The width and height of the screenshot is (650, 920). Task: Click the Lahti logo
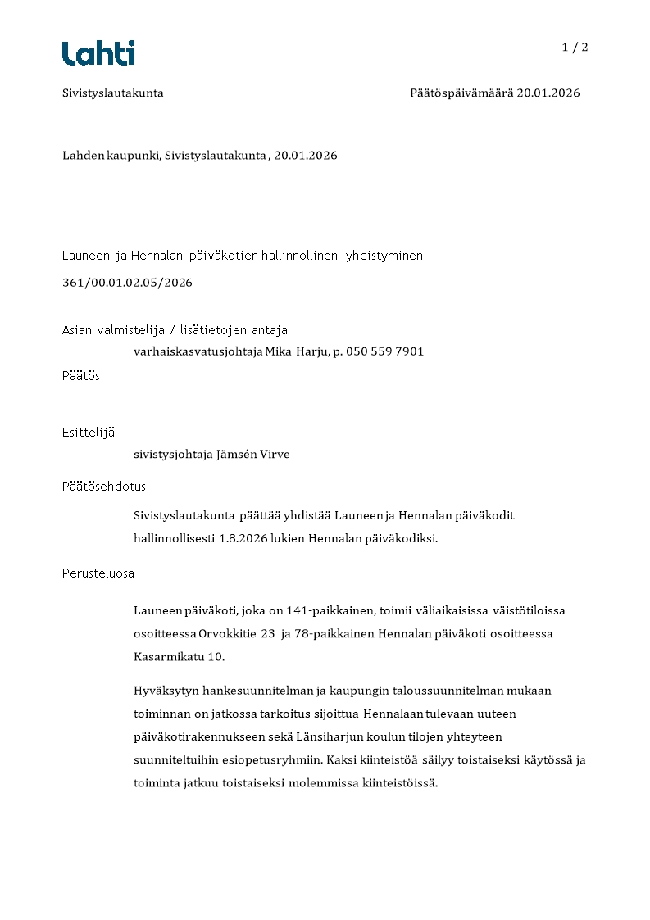tap(98, 53)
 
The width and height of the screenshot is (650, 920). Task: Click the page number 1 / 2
tap(575, 48)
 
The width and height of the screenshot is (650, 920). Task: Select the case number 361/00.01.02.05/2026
tap(127, 283)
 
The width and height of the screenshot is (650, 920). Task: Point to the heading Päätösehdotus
tap(104, 487)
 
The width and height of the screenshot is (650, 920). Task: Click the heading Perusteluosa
tap(98, 573)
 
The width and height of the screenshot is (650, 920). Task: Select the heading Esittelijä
tap(88, 433)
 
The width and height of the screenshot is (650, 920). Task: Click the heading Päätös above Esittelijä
tap(81, 376)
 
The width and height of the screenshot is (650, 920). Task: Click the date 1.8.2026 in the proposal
tap(245, 538)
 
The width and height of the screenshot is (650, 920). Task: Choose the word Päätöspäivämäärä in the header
tap(461, 93)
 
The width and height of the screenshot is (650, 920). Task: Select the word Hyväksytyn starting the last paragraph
tap(164, 691)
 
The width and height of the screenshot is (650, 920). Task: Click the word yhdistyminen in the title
tap(384, 256)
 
